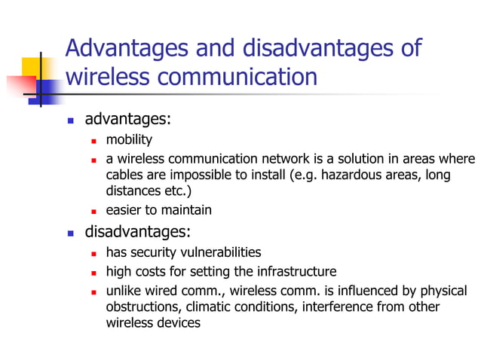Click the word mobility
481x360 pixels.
129,139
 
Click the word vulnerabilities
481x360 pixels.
219,252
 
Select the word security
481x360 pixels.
153,252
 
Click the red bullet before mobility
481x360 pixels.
94,141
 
